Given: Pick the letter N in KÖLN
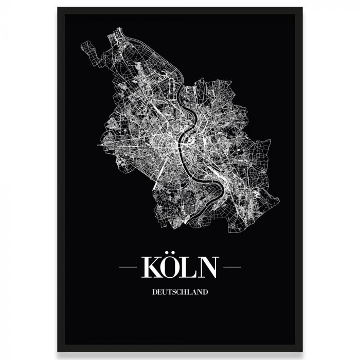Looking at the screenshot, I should (209, 267).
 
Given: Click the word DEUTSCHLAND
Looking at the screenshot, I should (180, 292).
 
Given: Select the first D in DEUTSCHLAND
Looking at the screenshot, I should (155, 292).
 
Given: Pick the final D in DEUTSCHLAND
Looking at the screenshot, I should (205, 292).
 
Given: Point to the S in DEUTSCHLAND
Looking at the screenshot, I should (175, 292).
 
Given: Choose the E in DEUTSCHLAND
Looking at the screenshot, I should (160, 292).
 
